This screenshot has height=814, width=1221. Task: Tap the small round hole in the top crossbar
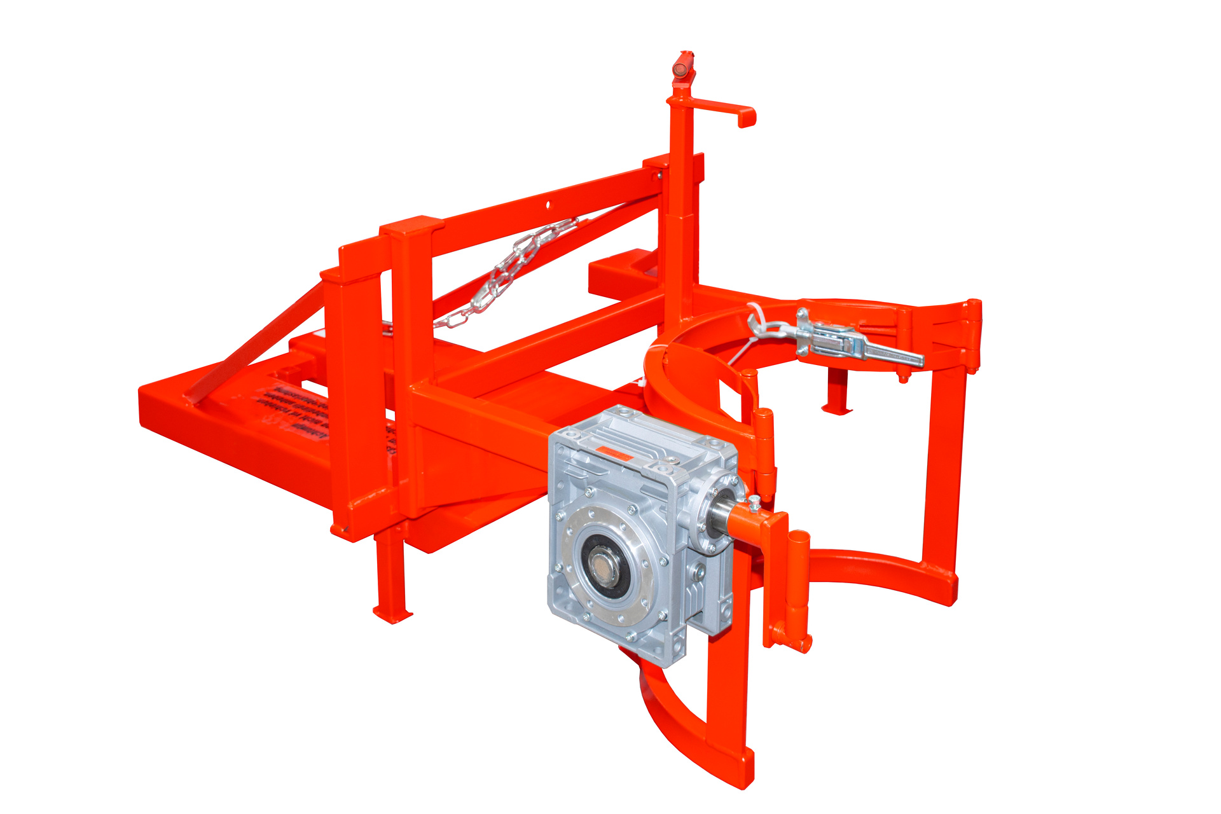click(x=548, y=205)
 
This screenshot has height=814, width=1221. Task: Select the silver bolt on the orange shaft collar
click(x=754, y=502)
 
